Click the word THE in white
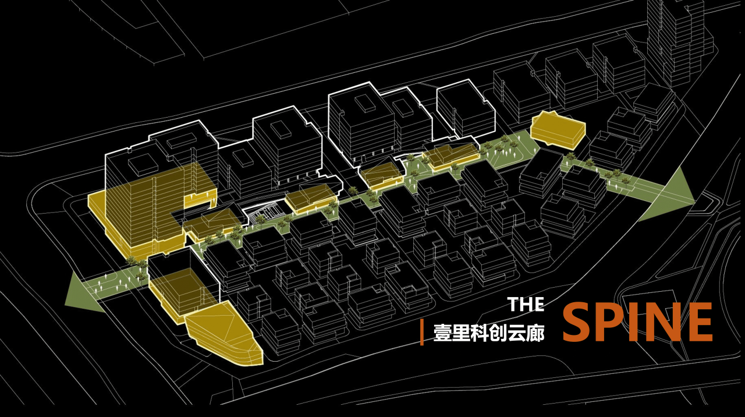click(x=526, y=304)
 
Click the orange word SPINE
click(x=637, y=322)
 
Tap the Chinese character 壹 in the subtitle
click(x=442, y=333)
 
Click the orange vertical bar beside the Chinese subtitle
click(x=422, y=333)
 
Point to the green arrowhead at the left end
click(x=81, y=289)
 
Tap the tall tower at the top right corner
click(x=678, y=41)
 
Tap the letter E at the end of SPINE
click(x=698, y=322)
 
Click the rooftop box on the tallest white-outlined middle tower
click(x=366, y=103)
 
